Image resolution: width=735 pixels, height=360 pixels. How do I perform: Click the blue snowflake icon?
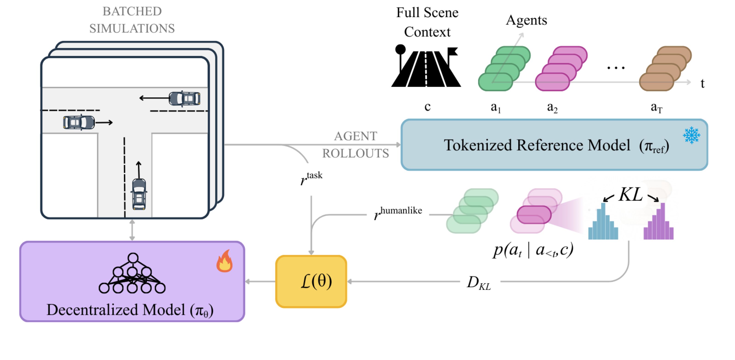pyautogui.click(x=691, y=135)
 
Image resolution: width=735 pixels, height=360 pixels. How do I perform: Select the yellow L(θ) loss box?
pyautogui.click(x=311, y=281)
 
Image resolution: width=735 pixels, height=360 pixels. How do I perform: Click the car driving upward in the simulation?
pyautogui.click(x=139, y=194)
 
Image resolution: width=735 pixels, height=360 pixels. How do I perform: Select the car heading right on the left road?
pyautogui.click(x=79, y=122)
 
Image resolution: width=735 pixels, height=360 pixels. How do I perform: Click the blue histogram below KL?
pyautogui.click(x=603, y=222)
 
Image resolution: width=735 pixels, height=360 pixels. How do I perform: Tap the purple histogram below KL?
pyautogui.click(x=658, y=222)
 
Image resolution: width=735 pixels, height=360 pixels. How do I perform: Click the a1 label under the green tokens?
pyautogui.click(x=496, y=107)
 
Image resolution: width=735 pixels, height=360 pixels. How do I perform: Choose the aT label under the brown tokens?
pyautogui.click(x=656, y=107)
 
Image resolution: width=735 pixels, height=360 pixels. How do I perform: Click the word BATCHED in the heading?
pyautogui.click(x=132, y=11)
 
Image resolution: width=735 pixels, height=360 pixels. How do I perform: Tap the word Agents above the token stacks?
pyautogui.click(x=526, y=20)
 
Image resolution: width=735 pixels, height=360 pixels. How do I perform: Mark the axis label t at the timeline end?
pyautogui.click(x=702, y=83)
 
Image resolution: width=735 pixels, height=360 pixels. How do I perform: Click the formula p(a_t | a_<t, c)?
pyautogui.click(x=533, y=250)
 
